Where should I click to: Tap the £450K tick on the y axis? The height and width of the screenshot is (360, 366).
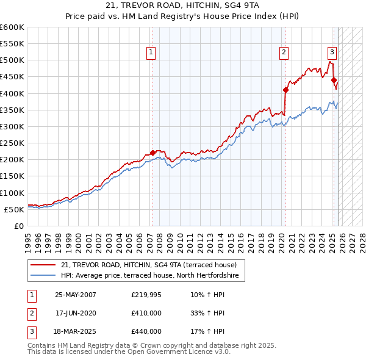tap(12, 77)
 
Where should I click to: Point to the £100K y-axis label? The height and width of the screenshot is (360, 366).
tap(12, 193)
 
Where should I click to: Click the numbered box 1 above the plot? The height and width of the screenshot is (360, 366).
tap(151, 52)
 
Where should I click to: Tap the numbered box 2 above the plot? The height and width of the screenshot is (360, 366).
tap(284, 52)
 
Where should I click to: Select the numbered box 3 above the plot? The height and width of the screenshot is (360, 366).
tap(332, 52)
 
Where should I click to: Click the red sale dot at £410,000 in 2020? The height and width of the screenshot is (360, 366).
tap(285, 90)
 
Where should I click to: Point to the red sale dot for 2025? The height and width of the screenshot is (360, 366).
tap(334, 80)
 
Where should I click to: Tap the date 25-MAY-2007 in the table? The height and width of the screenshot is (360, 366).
tap(76, 295)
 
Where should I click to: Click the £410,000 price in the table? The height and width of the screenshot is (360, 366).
tap(146, 313)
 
